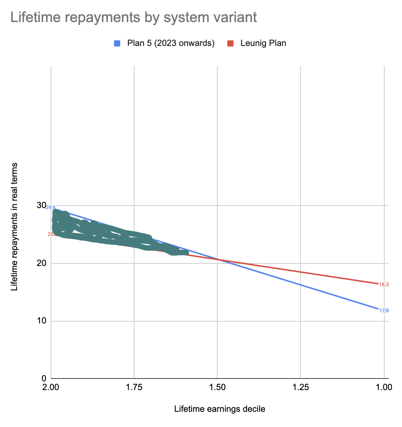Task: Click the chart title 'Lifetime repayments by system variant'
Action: click(134, 17)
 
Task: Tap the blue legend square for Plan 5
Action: click(117, 43)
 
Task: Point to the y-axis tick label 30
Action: click(41, 206)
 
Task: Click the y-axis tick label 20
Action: click(41, 263)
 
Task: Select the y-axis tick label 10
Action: click(41, 321)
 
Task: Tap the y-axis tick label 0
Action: click(44, 379)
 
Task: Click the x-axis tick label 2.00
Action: click(51, 387)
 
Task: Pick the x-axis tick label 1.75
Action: click(134, 387)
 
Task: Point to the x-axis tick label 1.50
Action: click(217, 387)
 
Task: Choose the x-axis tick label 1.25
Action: click(300, 387)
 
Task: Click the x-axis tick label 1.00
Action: click(384, 387)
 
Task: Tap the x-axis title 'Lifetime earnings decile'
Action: click(220, 409)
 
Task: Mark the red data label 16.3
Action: click(384, 284)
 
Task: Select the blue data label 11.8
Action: click(384, 310)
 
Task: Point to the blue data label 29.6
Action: click(51, 207)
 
